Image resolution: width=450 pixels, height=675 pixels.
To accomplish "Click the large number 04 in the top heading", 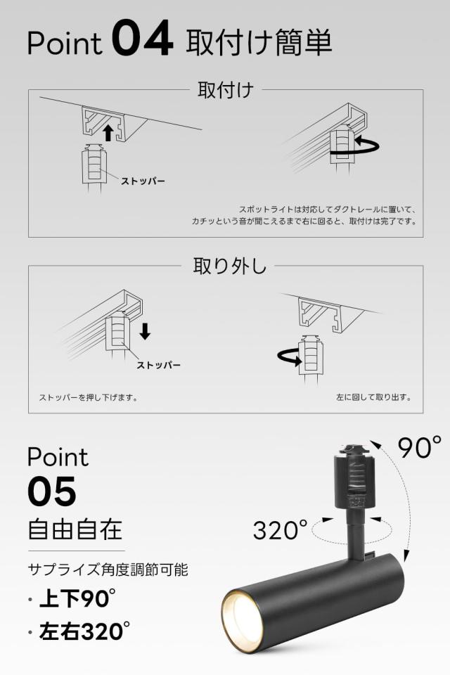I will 142,41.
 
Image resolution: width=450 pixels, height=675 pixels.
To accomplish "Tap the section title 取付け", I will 225,91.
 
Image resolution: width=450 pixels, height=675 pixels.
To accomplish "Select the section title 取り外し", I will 229,266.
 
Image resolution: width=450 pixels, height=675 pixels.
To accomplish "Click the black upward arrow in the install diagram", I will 108,133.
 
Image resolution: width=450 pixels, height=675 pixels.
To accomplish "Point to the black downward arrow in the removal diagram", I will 145,330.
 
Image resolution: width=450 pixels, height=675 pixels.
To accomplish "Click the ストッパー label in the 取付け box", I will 143,181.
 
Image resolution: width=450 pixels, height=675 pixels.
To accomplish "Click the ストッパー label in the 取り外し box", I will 158,365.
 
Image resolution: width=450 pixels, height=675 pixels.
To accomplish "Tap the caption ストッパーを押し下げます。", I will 89,397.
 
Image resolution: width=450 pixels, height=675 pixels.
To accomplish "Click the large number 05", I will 51,491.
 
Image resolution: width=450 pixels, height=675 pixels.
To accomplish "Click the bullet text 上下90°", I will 77,599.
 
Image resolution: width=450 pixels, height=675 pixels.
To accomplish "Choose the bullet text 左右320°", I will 84,632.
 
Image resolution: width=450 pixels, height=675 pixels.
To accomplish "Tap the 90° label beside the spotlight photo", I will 419,447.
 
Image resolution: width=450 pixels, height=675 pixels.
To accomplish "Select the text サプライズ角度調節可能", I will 108,570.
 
